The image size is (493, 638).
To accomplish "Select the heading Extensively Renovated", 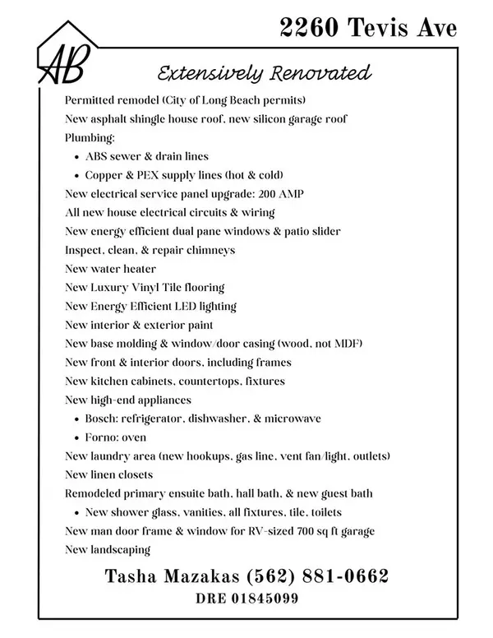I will pos(262,73).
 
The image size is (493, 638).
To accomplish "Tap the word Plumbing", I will pos(90,137).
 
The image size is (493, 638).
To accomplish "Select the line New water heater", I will pos(110,269).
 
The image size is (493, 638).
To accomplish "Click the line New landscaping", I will pos(108,549).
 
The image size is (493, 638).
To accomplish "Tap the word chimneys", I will pos(210,250).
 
